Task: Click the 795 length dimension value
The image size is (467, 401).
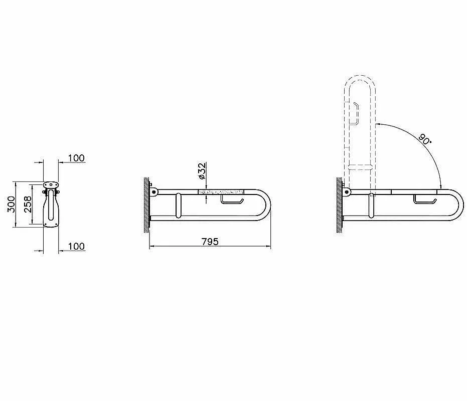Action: point(210,242)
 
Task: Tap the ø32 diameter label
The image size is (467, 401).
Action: point(202,171)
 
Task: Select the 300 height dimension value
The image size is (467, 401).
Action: point(11,204)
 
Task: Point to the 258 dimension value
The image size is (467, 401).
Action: point(28,204)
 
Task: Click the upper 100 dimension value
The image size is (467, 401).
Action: point(76,158)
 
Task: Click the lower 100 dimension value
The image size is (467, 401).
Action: point(76,247)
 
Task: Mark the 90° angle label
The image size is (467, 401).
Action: point(424,138)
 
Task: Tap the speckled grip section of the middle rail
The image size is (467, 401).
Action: point(221,191)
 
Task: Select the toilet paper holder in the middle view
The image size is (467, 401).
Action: point(232,199)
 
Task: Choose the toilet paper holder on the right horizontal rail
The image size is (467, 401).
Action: point(425,199)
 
